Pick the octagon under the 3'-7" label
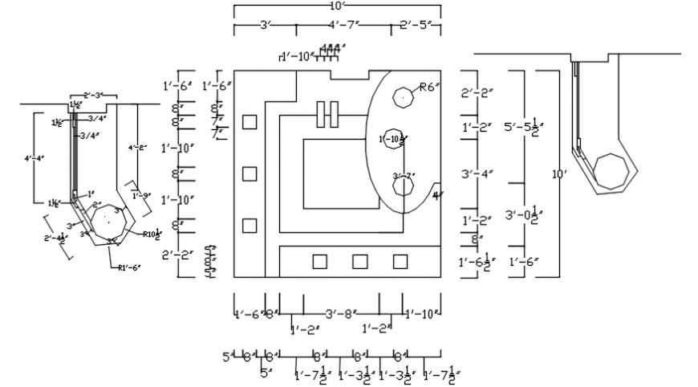point(403,187)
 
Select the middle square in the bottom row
point(360,261)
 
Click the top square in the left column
point(250,122)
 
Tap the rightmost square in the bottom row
point(400,261)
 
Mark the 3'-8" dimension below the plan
point(340,314)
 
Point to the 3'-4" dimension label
point(478,173)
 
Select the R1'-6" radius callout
point(129,267)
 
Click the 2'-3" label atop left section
point(94,96)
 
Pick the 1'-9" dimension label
point(141,195)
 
